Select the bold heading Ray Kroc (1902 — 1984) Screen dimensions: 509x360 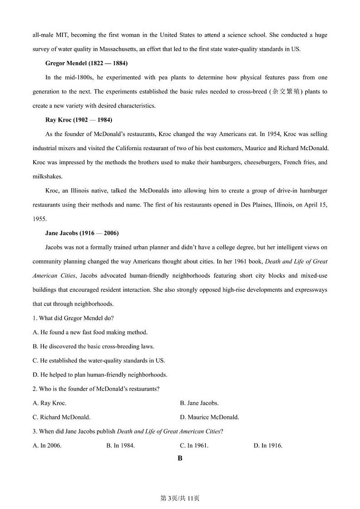[x=78, y=120]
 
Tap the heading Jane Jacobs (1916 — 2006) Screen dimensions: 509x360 [x=82, y=233]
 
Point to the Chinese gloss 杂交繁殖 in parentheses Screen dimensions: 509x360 [x=285, y=92]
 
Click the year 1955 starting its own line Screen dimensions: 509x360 [x=39, y=219]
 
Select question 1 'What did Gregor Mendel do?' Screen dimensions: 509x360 [x=73, y=318]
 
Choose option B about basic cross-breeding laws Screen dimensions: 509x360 [x=93, y=347]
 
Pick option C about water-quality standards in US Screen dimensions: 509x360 [x=99, y=361]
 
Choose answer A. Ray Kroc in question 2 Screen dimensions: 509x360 [x=49, y=403]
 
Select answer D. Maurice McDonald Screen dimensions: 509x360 [x=209, y=417]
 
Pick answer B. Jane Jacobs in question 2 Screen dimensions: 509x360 [x=199, y=403]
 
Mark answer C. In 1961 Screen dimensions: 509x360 [x=194, y=445]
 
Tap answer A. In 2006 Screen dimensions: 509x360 [x=47, y=445]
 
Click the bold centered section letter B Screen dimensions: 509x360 [x=180, y=459]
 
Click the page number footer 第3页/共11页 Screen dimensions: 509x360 [x=180, y=499]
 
